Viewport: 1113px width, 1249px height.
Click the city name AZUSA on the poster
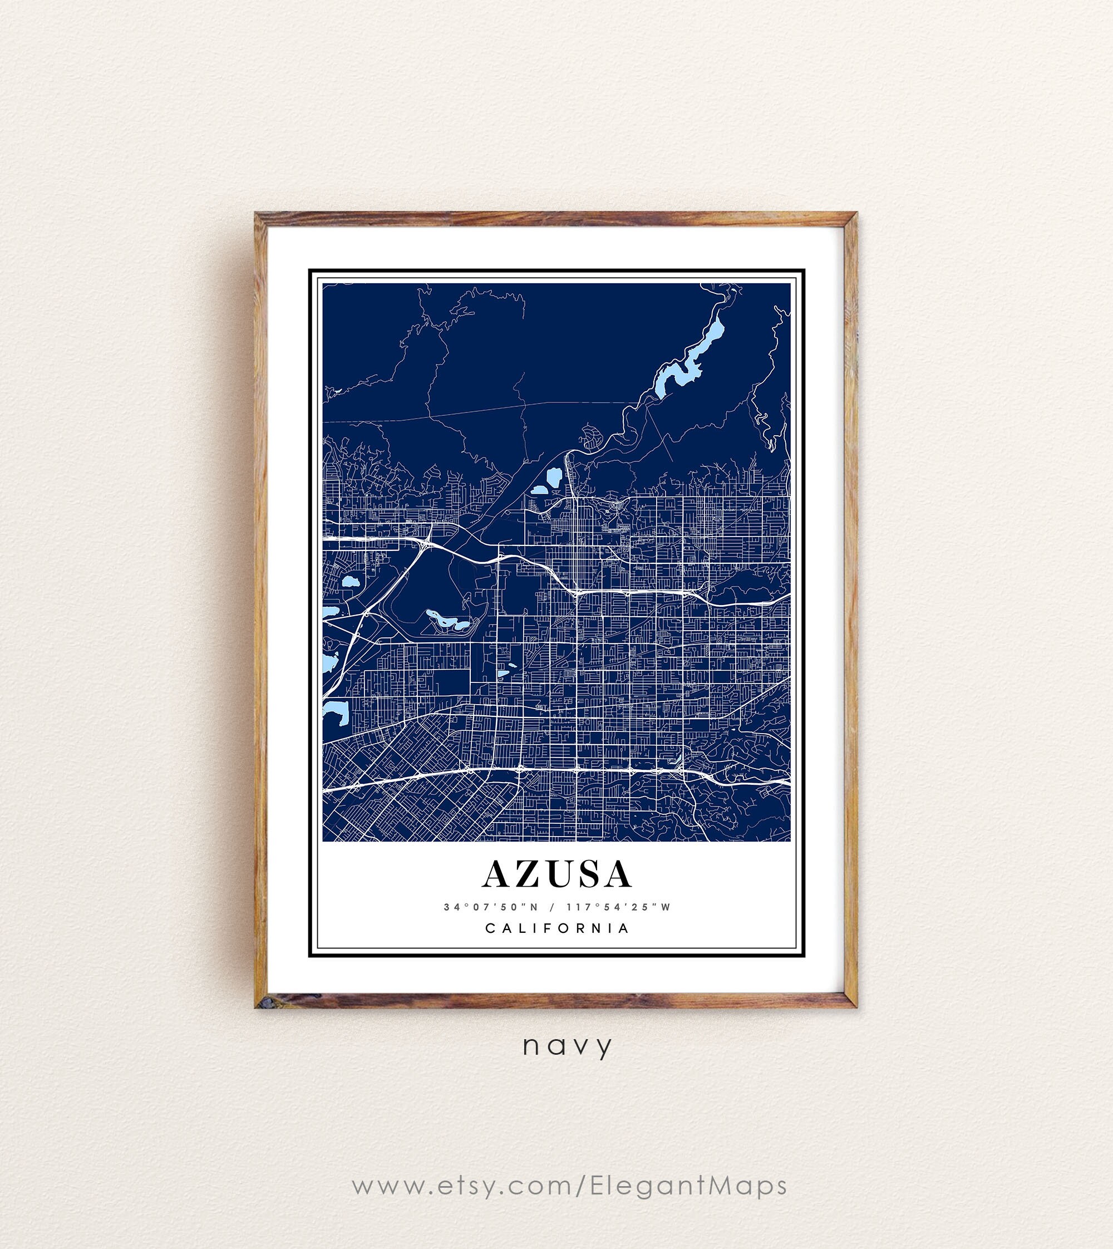[556, 874]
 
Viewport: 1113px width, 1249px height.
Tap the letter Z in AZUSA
[525, 874]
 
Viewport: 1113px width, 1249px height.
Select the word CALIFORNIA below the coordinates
[556, 928]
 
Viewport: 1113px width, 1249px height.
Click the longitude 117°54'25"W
[618, 907]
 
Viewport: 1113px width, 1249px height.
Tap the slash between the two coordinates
[552, 907]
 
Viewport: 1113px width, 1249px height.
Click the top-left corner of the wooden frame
[259, 217]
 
